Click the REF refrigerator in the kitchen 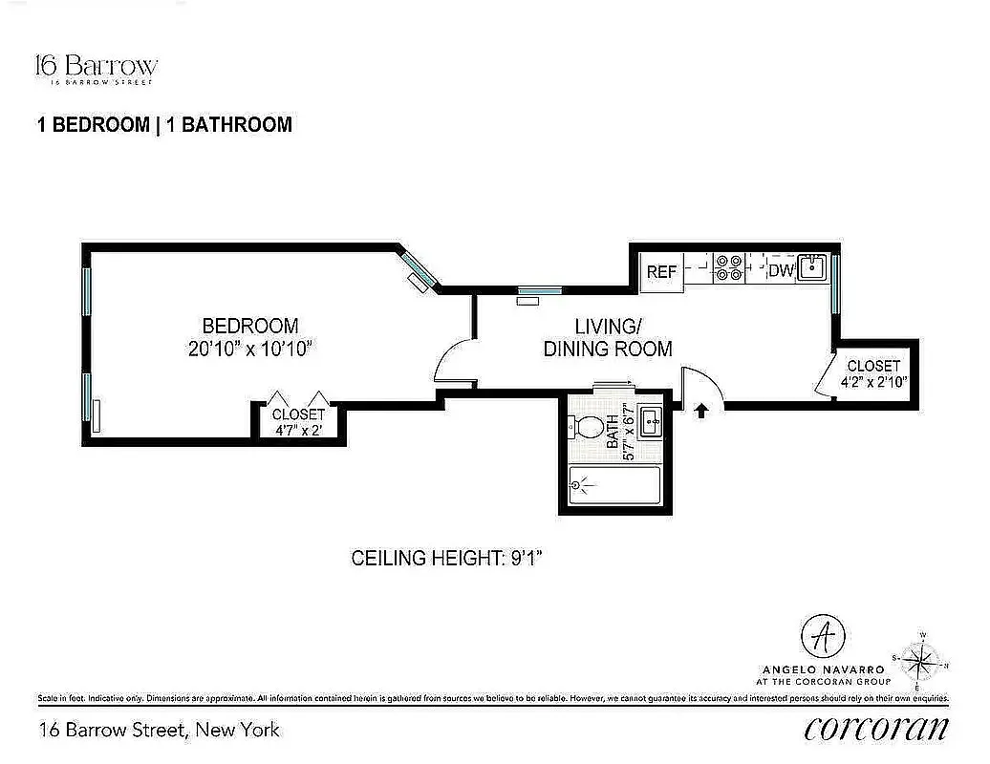tap(662, 271)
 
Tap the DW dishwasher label tap(781, 271)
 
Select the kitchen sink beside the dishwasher tap(813, 267)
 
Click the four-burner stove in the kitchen tap(730, 267)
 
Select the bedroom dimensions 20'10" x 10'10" tap(250, 349)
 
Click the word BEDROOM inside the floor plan tap(249, 326)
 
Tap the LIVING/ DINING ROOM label tap(608, 337)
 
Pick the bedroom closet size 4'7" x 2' tap(298, 430)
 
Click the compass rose tap(918, 659)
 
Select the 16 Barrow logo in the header tap(96, 68)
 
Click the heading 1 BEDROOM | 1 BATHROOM tap(164, 125)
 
